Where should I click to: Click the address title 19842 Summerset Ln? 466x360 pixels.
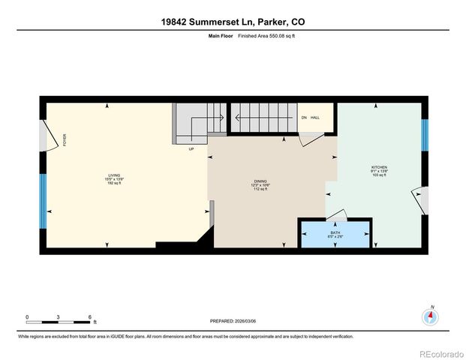233,22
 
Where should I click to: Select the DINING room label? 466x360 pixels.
260,181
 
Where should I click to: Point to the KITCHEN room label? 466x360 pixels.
379,167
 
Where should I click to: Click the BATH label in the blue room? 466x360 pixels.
335,233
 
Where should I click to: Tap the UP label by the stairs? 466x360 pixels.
191,148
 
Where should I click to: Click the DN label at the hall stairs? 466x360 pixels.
304,118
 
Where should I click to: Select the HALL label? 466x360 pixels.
316,118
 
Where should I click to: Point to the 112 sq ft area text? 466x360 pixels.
260,190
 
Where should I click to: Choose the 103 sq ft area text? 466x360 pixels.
379,176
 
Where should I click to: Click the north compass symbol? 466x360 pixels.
431,316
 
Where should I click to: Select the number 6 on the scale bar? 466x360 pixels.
90,316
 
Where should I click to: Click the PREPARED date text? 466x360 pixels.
233,321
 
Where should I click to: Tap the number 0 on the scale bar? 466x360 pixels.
27,316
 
